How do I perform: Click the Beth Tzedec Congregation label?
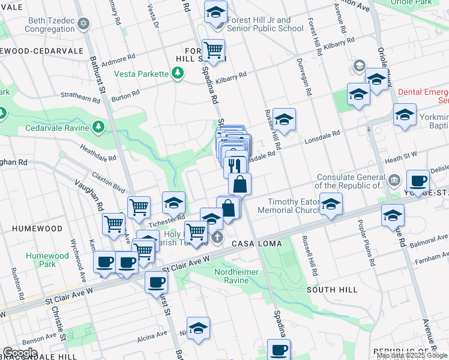[51, 25]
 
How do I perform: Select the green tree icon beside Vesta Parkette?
[177, 73]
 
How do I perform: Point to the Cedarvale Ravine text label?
[57, 128]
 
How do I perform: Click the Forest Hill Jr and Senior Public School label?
[264, 25]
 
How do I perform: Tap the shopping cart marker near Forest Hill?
[213, 50]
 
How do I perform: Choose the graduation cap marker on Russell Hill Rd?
[285, 119]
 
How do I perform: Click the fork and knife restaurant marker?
[235, 165]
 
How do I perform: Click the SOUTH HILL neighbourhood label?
[332, 290]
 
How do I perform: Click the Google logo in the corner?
[20, 353]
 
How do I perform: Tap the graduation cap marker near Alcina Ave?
[198, 328]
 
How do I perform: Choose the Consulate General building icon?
[394, 179]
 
